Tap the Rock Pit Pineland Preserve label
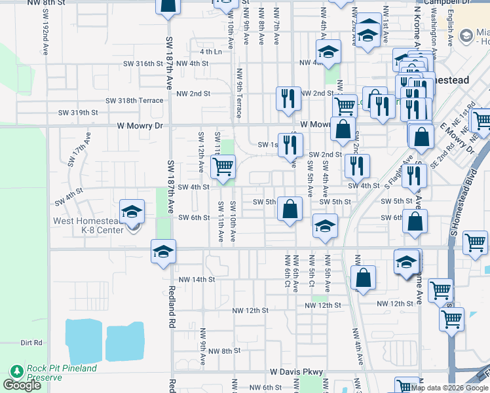point(61,373)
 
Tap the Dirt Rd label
point(31,342)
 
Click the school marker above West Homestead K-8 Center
point(132,212)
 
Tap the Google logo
point(22,385)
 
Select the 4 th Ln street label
point(211,51)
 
